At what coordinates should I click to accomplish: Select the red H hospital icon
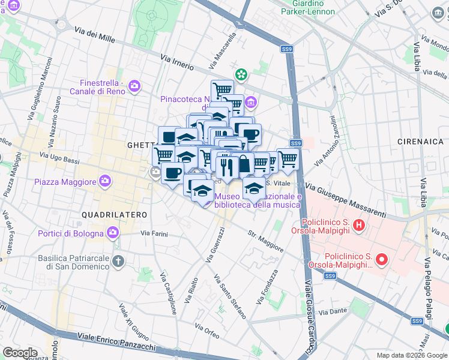359,226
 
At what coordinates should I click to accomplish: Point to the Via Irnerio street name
177,62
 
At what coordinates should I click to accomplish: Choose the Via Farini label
154,233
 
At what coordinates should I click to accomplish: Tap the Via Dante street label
333,311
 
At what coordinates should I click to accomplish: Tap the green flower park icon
241,75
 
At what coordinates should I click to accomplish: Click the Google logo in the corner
20,353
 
